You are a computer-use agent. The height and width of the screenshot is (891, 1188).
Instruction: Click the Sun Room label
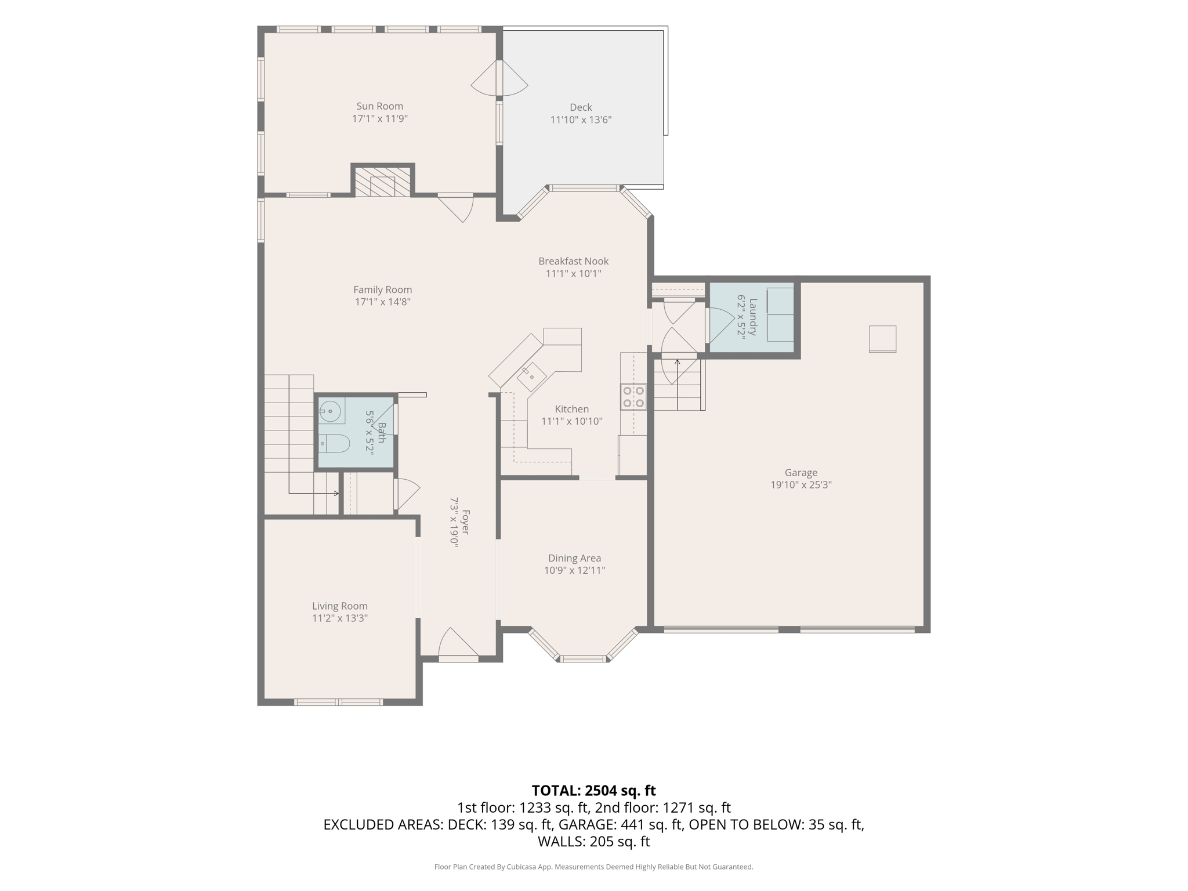[379, 106]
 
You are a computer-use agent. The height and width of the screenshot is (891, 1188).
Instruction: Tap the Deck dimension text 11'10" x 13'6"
[581, 120]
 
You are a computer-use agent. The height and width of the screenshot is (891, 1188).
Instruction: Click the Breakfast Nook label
[573, 261]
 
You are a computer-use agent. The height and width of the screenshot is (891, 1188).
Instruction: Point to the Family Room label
[383, 289]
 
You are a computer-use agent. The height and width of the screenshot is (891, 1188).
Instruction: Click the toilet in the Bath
[334, 443]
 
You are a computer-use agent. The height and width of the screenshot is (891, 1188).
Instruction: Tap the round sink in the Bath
[331, 412]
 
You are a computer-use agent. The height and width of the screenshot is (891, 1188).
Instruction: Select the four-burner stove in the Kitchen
[633, 397]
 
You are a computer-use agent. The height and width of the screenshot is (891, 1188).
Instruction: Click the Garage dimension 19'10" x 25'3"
[801, 485]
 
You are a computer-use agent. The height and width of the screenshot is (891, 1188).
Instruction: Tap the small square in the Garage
[882, 339]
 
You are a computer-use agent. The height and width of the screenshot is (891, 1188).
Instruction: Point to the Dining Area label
[574, 558]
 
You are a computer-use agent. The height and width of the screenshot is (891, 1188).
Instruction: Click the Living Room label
[340, 606]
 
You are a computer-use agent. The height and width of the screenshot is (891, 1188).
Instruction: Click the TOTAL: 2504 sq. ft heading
[593, 791]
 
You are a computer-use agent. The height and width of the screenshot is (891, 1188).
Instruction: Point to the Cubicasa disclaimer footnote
[593, 867]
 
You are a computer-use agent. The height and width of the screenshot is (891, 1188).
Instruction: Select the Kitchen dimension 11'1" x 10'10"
[572, 422]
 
